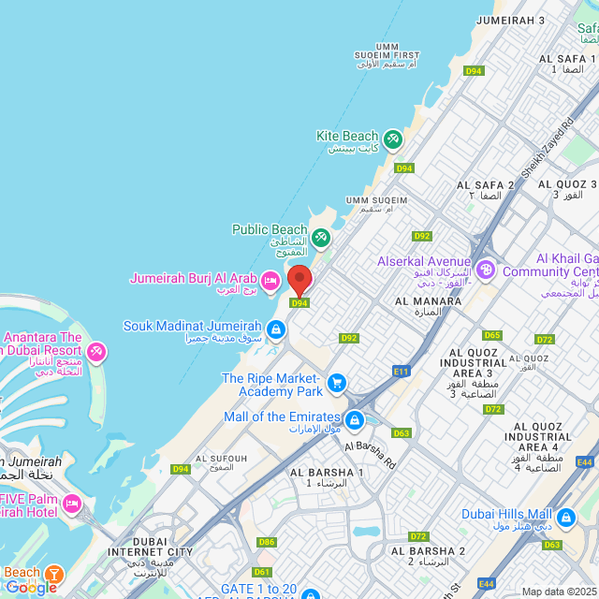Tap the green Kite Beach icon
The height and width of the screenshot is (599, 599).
point(392,139)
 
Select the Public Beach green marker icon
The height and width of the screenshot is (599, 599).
point(321,238)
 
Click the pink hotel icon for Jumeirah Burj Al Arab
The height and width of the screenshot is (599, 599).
point(270,280)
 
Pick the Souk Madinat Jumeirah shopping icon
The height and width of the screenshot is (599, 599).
point(276,329)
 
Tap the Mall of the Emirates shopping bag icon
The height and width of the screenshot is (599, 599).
point(354,419)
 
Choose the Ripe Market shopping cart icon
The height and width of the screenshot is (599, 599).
point(337,383)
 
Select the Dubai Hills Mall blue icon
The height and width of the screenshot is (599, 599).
point(565,517)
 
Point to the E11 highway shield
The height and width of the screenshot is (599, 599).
point(402,372)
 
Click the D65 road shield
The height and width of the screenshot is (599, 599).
point(492,335)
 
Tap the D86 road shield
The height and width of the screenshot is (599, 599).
point(267,542)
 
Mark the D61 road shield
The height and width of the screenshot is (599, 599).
point(262,572)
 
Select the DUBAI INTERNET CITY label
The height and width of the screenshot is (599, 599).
point(163,547)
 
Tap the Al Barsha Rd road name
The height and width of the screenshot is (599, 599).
point(370,454)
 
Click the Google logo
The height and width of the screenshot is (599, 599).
point(31,588)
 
